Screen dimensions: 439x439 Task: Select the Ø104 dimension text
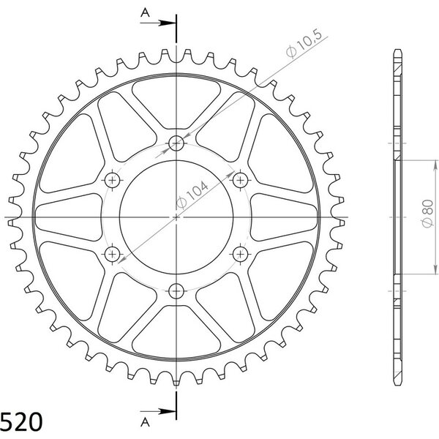[x=192, y=195]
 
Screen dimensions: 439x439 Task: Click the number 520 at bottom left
[x=21, y=422]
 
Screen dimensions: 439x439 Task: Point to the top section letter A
[x=145, y=12]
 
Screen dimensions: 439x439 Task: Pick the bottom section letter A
[x=145, y=422]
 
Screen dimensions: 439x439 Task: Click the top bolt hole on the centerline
[x=176, y=143]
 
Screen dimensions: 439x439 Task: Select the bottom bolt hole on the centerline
[x=176, y=291]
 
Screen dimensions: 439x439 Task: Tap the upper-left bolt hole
[x=112, y=180]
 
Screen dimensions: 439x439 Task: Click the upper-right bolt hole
[x=240, y=180]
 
